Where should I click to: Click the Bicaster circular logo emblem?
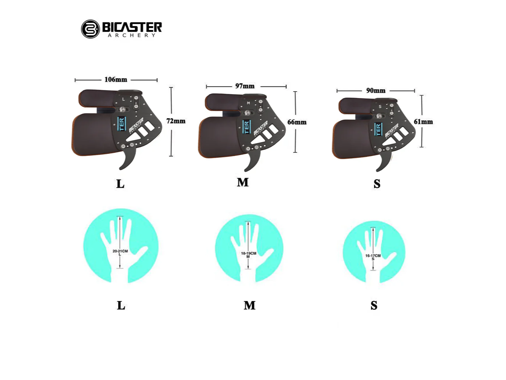coord(90,29)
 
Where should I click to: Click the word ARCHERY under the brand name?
coord(132,35)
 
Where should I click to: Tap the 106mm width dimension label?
coord(116,79)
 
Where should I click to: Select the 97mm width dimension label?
coord(245,86)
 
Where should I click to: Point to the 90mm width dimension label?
coord(376,90)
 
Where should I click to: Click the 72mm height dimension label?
coord(176,121)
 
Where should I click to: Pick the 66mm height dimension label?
coord(297,122)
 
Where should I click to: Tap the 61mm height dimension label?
coord(423,122)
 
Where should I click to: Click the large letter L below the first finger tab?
coord(120,184)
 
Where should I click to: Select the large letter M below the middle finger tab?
coord(243,182)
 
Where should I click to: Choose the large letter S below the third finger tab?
coord(377,184)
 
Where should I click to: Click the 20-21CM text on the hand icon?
coord(120,251)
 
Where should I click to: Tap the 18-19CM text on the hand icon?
coord(249,253)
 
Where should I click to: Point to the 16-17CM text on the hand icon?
coord(373,256)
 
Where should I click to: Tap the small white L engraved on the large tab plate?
coord(124,99)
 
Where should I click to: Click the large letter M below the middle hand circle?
coord(249,306)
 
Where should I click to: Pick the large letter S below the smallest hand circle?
coord(374,306)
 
